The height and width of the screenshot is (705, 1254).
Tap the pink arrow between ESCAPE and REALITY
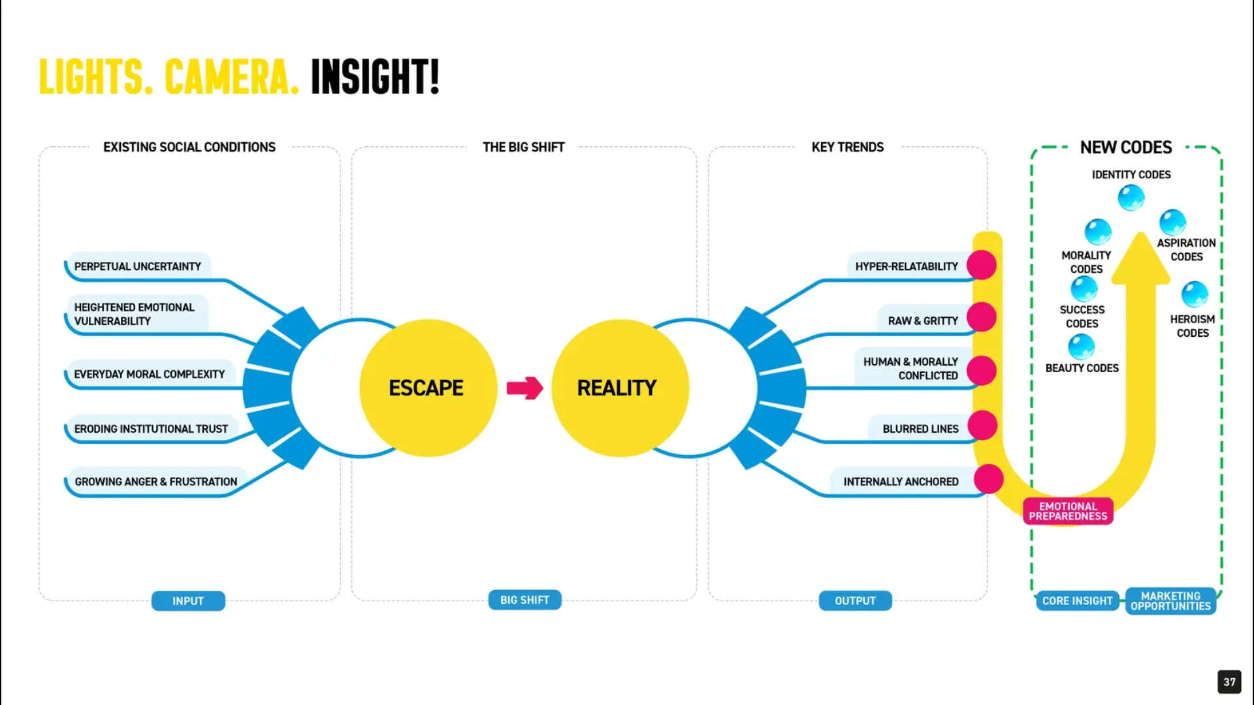(524, 388)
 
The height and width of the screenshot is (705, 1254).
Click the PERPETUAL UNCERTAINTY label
(138, 266)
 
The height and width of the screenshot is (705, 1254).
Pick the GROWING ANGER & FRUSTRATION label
(156, 482)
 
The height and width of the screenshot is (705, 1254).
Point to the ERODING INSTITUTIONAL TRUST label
(151, 429)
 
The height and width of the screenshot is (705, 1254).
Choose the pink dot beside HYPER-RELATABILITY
(982, 265)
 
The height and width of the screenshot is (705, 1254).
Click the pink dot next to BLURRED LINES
(982, 426)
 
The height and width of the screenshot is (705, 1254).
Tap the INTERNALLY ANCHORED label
(901, 482)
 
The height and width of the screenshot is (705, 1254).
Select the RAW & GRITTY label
(923, 321)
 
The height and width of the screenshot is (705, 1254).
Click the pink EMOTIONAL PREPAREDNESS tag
(1069, 511)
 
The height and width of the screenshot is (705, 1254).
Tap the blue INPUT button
(188, 601)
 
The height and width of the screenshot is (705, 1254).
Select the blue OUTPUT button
(856, 601)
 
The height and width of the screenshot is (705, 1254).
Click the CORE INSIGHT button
(1078, 601)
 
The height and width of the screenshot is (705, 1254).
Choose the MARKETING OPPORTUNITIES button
(1171, 601)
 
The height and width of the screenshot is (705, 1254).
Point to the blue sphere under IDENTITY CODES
(1131, 197)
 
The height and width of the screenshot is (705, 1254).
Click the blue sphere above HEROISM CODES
(1195, 294)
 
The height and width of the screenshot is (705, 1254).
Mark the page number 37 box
(1229, 682)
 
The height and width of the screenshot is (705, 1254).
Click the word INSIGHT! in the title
(375, 76)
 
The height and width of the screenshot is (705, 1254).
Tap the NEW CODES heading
(1126, 148)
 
